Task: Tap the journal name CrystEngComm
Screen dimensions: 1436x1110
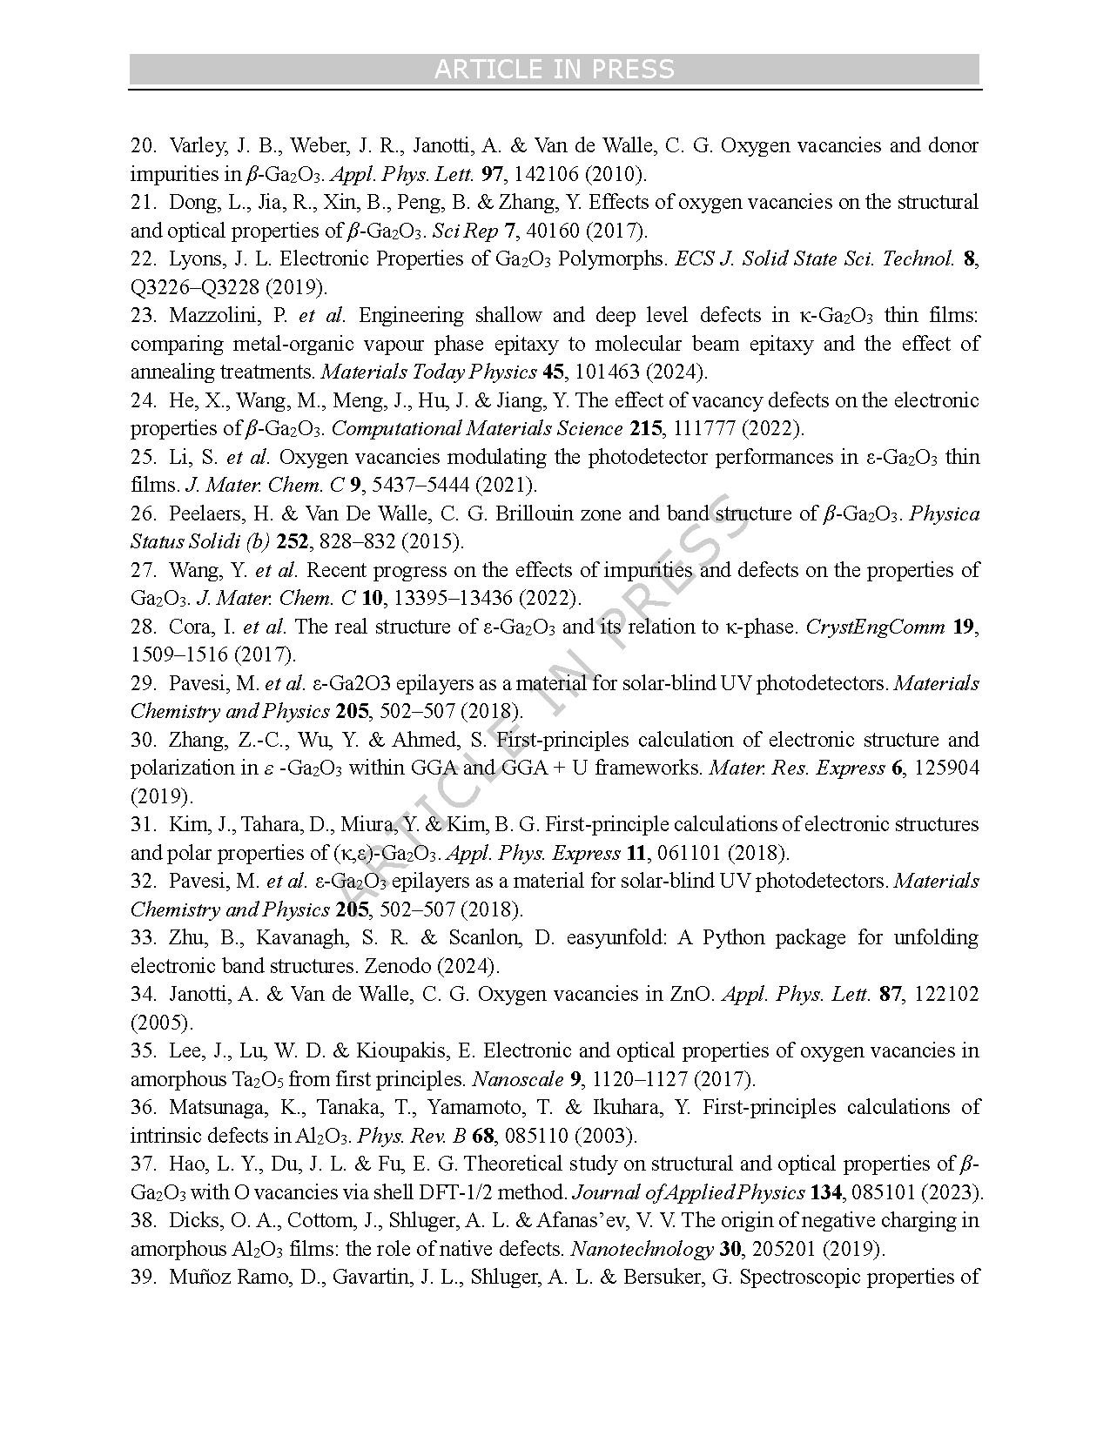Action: tap(875, 627)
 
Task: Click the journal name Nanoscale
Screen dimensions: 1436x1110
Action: tap(517, 1079)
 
